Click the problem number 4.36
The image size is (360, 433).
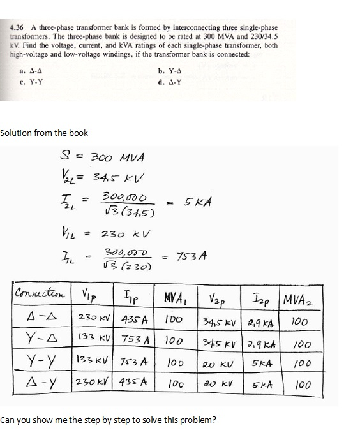(17, 28)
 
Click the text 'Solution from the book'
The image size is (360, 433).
(44, 133)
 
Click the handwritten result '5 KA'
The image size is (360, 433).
(195, 202)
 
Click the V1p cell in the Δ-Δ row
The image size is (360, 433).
(95, 318)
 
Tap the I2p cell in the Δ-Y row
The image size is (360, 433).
(262, 385)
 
